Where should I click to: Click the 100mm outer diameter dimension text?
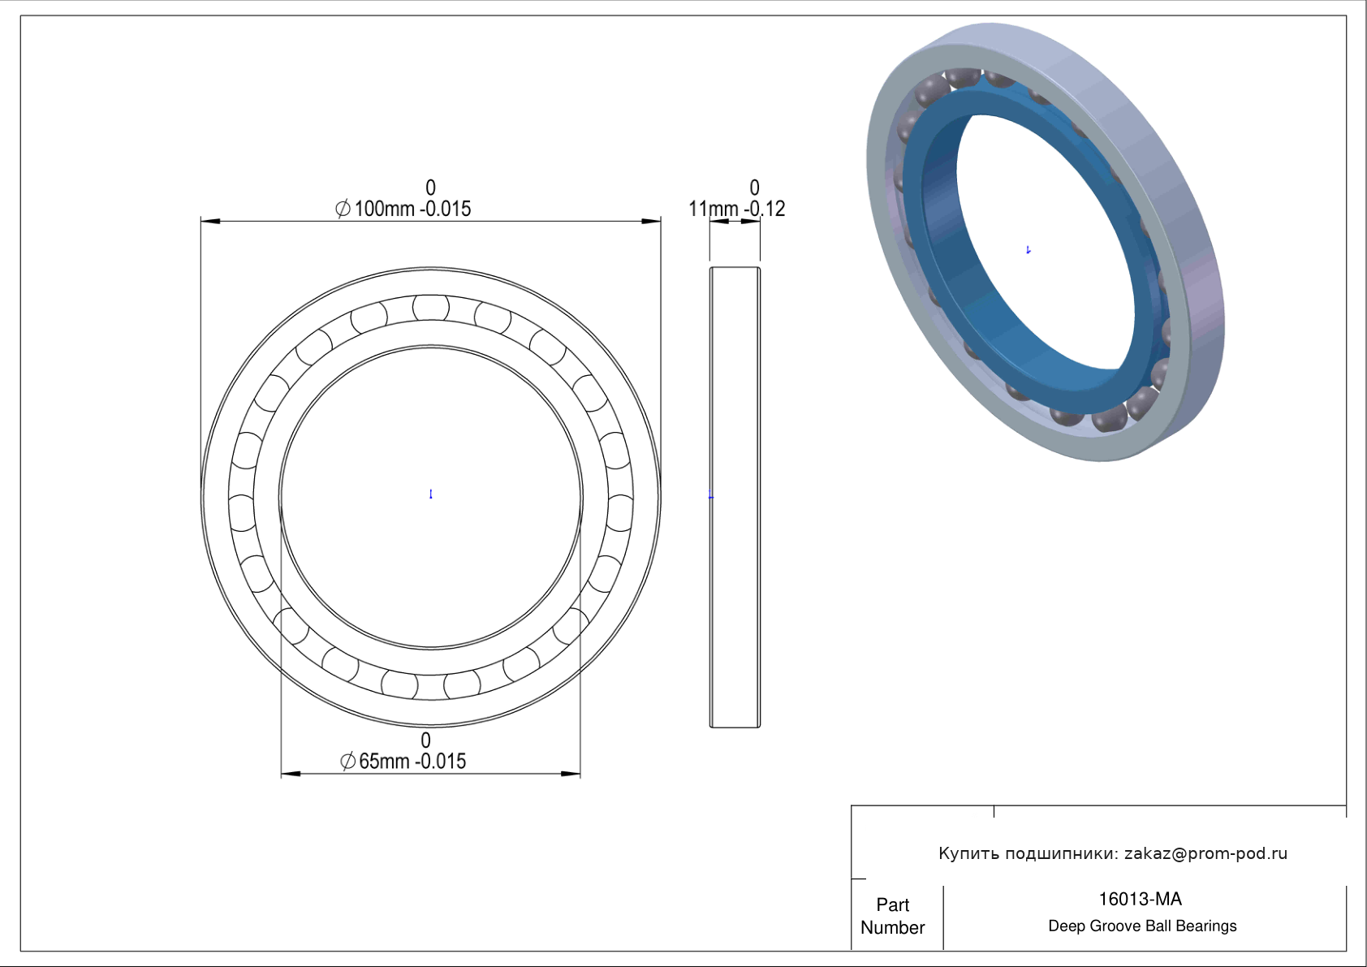[x=403, y=209]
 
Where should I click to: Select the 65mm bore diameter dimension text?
[x=403, y=762]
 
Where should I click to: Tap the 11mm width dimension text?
[x=736, y=209]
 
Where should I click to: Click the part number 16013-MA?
[x=1140, y=900]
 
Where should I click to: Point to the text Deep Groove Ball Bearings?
[x=1142, y=926]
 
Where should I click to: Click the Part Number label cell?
[x=892, y=916]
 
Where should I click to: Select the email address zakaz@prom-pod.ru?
[x=1206, y=853]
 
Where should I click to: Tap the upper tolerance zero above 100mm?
[x=430, y=187]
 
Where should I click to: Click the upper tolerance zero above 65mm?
[x=426, y=740]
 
